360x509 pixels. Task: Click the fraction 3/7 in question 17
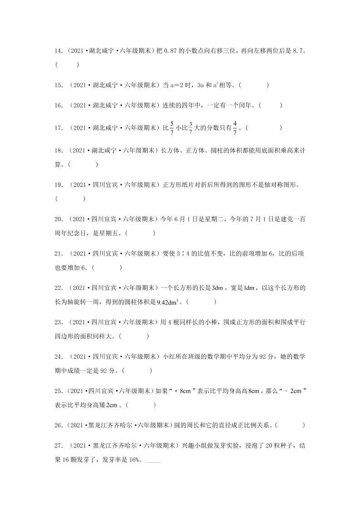tap(191, 127)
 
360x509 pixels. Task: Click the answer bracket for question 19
tap(70, 198)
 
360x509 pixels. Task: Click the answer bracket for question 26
tap(290, 426)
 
